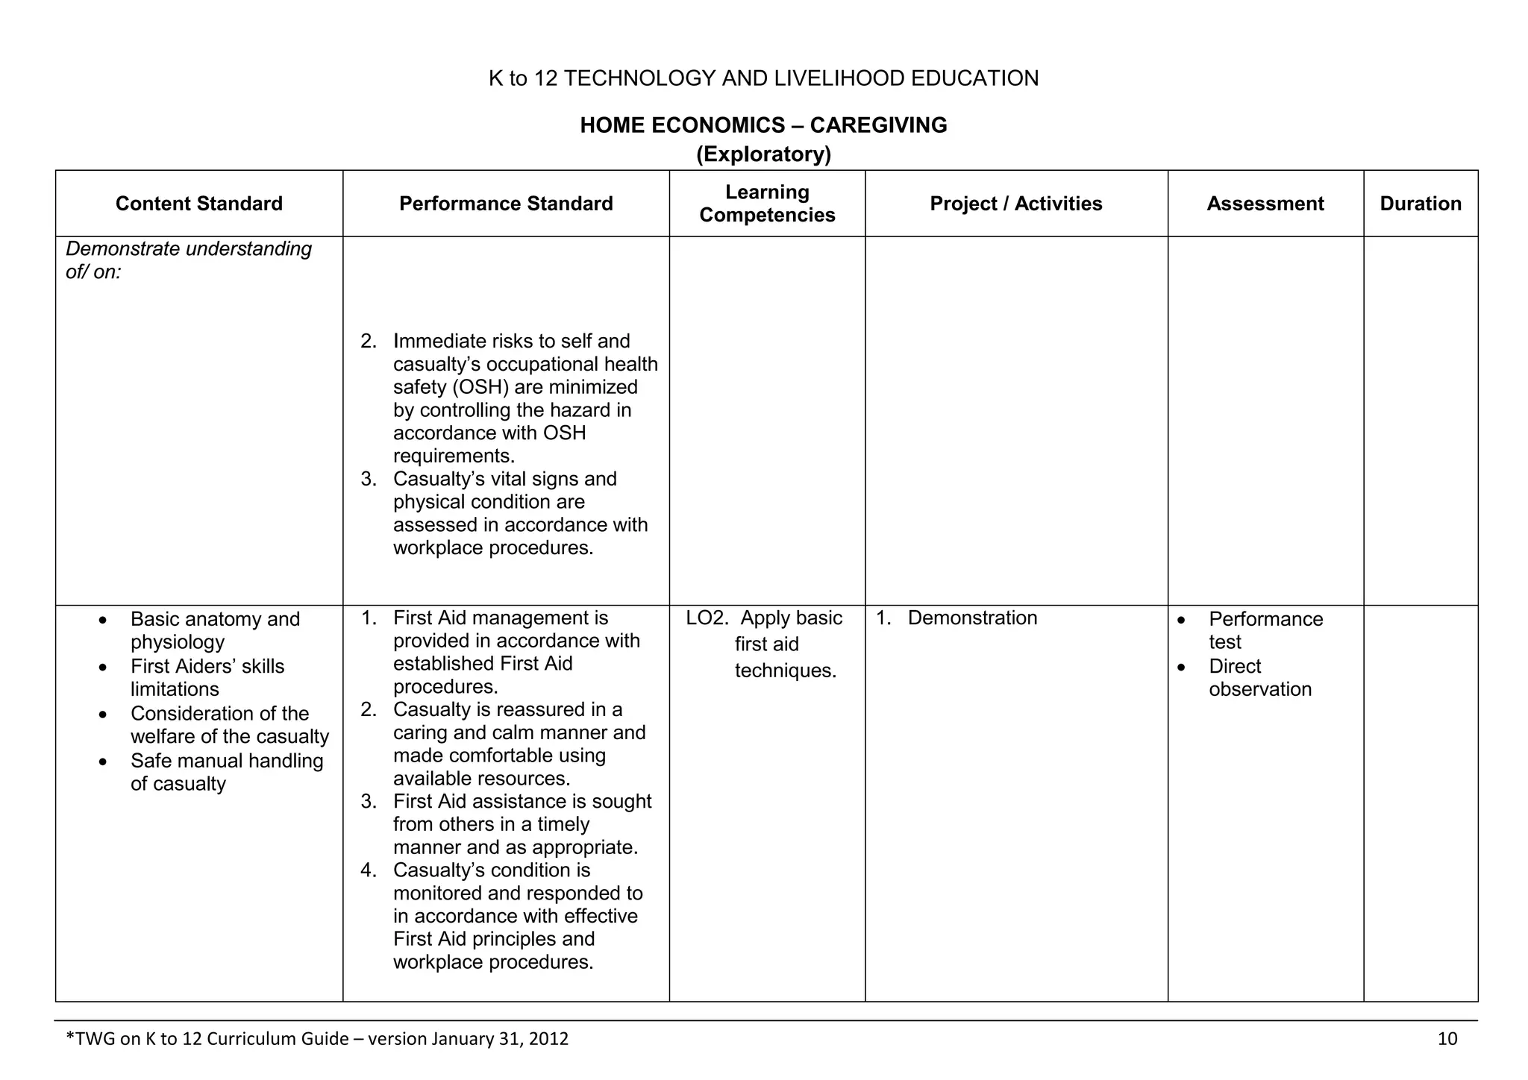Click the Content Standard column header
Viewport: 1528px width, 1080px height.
pyautogui.click(x=198, y=204)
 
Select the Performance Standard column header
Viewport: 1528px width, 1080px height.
pyautogui.click(x=506, y=204)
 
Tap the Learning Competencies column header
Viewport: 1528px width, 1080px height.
pyautogui.click(x=767, y=204)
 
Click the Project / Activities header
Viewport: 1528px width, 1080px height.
pyautogui.click(x=1015, y=204)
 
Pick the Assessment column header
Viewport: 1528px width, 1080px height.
pyautogui.click(x=1265, y=204)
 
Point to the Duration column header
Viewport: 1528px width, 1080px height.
pyautogui.click(x=1420, y=204)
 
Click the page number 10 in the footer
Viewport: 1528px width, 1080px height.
pyautogui.click(x=1447, y=1039)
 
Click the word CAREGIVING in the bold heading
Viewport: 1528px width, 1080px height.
pyautogui.click(x=878, y=125)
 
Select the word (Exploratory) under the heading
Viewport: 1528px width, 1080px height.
pyautogui.click(x=763, y=154)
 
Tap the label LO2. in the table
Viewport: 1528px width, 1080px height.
pyautogui.click(x=707, y=618)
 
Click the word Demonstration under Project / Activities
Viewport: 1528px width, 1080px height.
pyautogui.click(x=972, y=618)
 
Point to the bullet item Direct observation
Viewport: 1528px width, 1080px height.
pyautogui.click(x=1259, y=678)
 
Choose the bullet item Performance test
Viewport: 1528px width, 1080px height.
pyautogui.click(x=1265, y=630)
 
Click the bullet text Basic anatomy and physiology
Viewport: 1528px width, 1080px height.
pyautogui.click(x=215, y=630)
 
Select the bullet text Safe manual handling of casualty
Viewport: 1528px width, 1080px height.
pyautogui.click(x=226, y=772)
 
